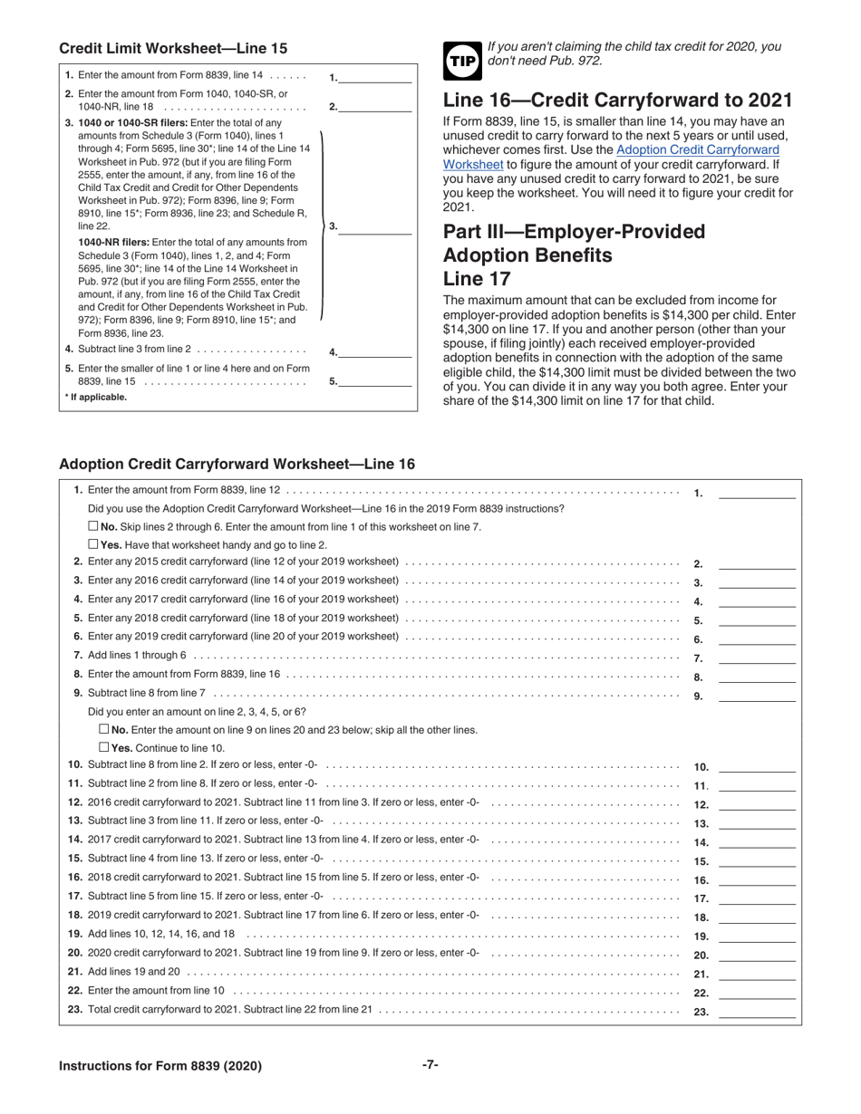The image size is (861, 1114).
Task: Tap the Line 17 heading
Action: click(x=477, y=279)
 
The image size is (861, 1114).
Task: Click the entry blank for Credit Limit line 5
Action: click(x=375, y=381)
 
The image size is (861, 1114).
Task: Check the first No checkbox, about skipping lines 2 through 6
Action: click(x=93, y=526)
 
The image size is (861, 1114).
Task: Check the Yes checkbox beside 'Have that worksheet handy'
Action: click(x=93, y=544)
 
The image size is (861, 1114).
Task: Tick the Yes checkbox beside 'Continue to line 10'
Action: click(x=103, y=747)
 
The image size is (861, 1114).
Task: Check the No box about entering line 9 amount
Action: click(x=103, y=729)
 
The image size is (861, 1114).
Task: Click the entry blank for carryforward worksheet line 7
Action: click(x=757, y=658)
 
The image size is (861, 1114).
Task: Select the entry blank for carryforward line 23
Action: click(x=757, y=1013)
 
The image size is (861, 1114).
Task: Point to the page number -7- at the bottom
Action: click(x=430, y=1065)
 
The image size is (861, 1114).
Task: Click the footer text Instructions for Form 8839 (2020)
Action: click(x=160, y=1066)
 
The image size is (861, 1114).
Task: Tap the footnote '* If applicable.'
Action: click(x=96, y=398)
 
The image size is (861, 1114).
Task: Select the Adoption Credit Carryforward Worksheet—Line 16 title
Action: click(x=237, y=464)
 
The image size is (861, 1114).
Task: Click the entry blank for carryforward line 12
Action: click(x=757, y=804)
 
